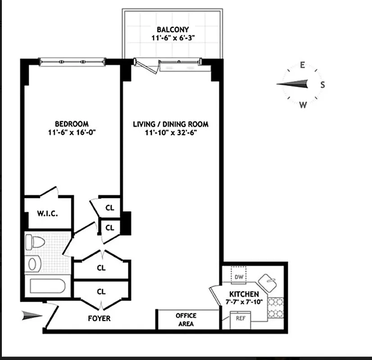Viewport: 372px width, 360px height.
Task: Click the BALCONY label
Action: coord(172,30)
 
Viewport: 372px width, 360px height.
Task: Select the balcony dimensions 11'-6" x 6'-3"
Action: coord(172,39)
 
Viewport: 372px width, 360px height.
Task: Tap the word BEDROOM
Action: coord(72,124)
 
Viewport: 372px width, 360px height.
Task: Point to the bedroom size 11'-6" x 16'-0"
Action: coord(72,132)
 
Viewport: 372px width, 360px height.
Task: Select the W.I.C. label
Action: coord(47,213)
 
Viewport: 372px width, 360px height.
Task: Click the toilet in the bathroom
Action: coord(35,242)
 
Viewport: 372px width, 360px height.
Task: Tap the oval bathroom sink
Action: coord(33,264)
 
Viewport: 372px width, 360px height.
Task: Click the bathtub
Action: coord(47,286)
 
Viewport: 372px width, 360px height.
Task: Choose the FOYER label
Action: coord(99,318)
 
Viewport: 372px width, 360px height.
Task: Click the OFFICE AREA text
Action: coord(186,319)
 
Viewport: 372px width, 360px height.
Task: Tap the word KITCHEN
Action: coord(243,294)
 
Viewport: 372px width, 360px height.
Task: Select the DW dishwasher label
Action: coord(239,277)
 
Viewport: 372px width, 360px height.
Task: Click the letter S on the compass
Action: coord(322,85)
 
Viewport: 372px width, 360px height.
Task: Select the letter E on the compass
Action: coord(302,65)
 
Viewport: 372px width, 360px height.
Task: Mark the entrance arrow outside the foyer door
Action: coord(32,316)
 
